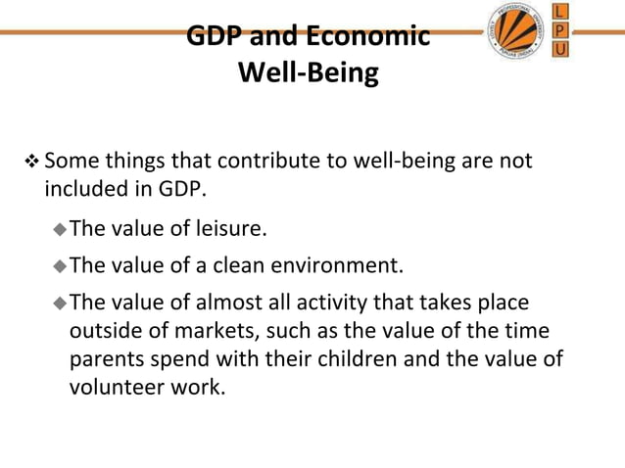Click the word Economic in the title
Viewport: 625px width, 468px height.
coord(368,37)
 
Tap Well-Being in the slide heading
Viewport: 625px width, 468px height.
coord(308,74)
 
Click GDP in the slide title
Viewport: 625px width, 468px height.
coord(215,37)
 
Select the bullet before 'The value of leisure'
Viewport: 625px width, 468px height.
coord(60,230)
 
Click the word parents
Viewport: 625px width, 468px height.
coord(107,358)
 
